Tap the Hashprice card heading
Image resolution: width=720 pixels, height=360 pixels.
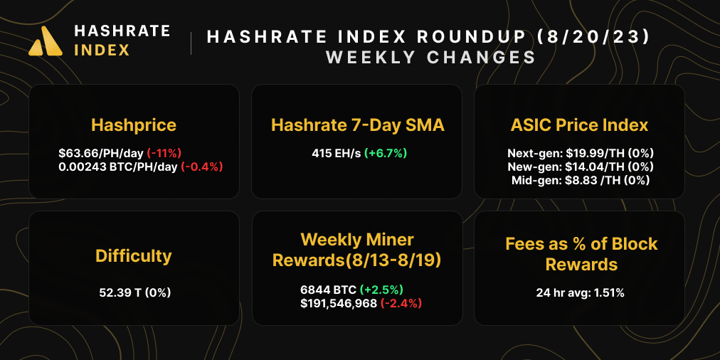(134, 126)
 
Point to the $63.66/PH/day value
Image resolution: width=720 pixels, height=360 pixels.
(101, 153)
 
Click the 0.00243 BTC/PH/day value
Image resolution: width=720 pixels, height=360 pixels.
(118, 166)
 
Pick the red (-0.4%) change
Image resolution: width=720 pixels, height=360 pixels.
(202, 166)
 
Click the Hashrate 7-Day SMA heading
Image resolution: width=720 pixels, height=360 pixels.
(358, 126)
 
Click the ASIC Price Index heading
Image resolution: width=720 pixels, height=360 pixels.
(579, 126)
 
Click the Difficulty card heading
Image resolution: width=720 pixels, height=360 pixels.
(134, 255)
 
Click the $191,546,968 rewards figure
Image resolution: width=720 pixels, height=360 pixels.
(339, 303)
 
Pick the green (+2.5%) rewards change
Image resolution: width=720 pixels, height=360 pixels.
(382, 290)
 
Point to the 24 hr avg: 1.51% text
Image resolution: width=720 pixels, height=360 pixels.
(580, 292)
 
